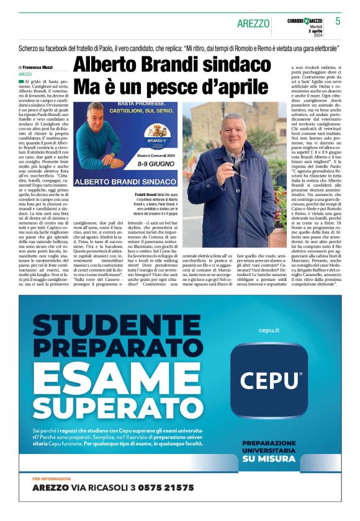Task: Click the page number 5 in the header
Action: point(338,21)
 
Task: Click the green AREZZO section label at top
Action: point(253,24)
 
